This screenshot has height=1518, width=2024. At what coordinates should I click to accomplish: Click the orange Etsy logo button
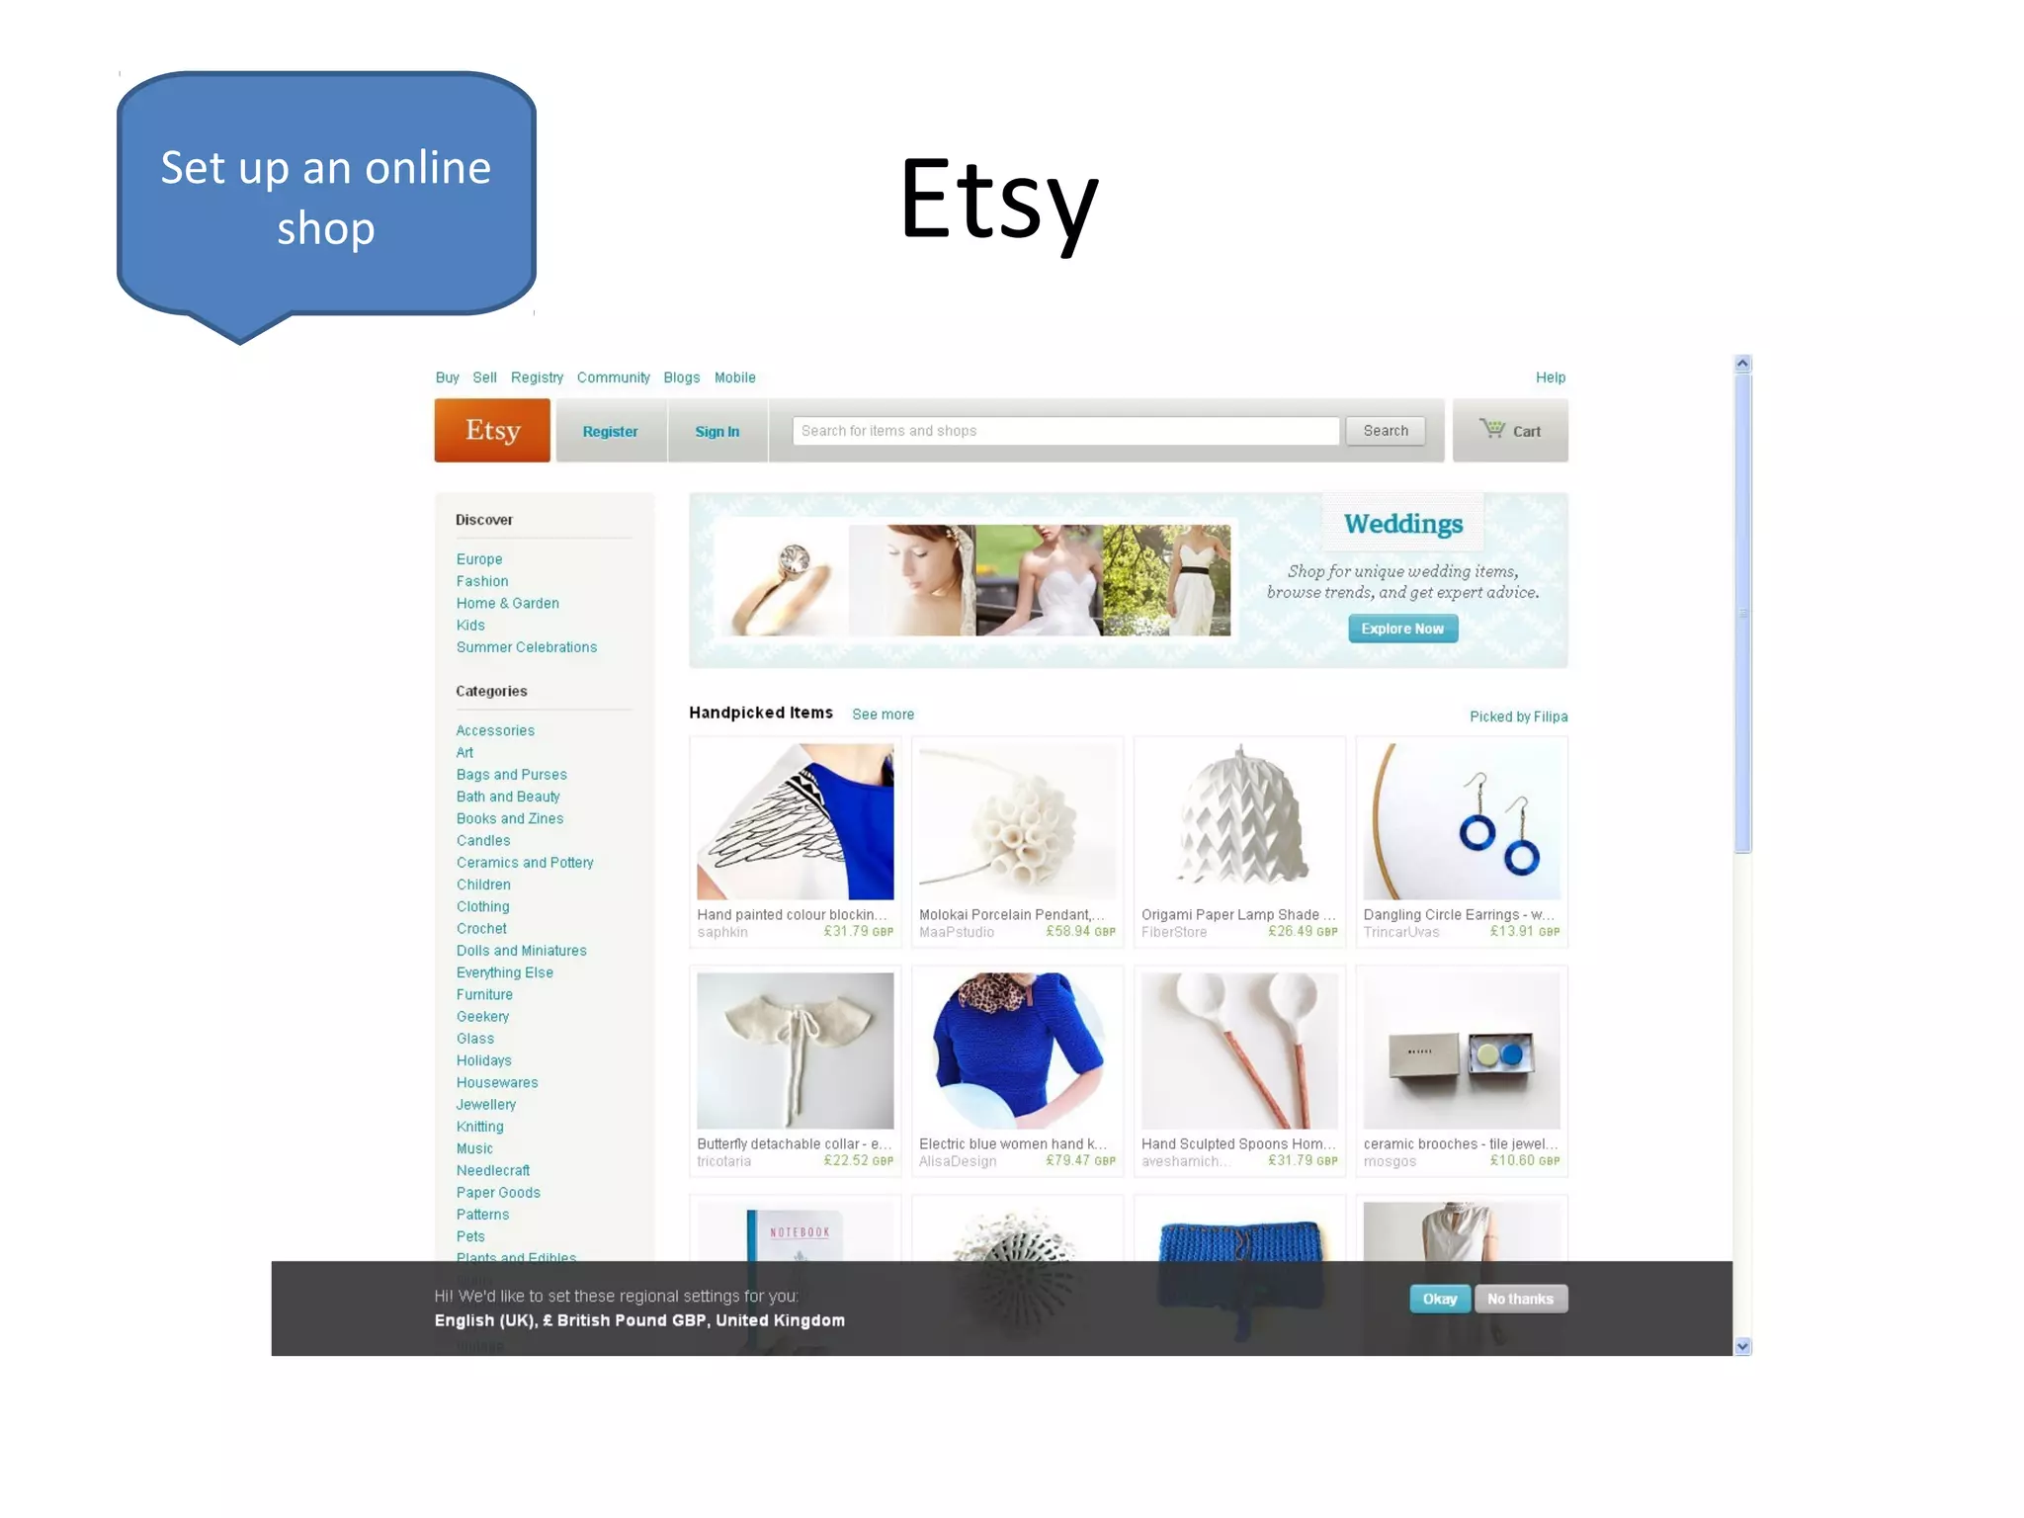(492, 431)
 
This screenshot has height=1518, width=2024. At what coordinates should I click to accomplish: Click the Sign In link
(717, 432)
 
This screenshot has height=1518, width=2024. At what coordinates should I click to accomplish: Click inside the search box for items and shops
(1064, 431)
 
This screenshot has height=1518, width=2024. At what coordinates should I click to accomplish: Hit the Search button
(1385, 431)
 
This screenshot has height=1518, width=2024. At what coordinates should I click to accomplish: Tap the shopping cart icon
(1491, 429)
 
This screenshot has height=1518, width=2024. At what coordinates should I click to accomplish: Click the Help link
(1550, 378)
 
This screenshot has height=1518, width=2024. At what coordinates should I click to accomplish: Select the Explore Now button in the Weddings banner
(1401, 629)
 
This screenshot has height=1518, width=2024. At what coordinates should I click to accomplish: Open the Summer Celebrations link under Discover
(526, 647)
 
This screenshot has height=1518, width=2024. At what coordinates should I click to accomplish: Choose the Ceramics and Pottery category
(524, 863)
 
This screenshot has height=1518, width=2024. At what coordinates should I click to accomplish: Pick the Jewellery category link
(485, 1105)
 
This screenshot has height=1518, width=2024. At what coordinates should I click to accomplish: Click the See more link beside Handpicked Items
(883, 715)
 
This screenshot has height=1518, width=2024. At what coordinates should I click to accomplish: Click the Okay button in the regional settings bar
(1439, 1299)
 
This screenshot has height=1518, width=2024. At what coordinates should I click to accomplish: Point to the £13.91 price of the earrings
(1512, 931)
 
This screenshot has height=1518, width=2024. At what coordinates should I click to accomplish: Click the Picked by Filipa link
(1517, 717)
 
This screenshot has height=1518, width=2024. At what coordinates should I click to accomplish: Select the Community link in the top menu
(613, 378)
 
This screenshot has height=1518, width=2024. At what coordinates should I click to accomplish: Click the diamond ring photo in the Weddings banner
(782, 581)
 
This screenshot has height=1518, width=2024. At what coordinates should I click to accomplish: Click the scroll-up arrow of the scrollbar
(1742, 364)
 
